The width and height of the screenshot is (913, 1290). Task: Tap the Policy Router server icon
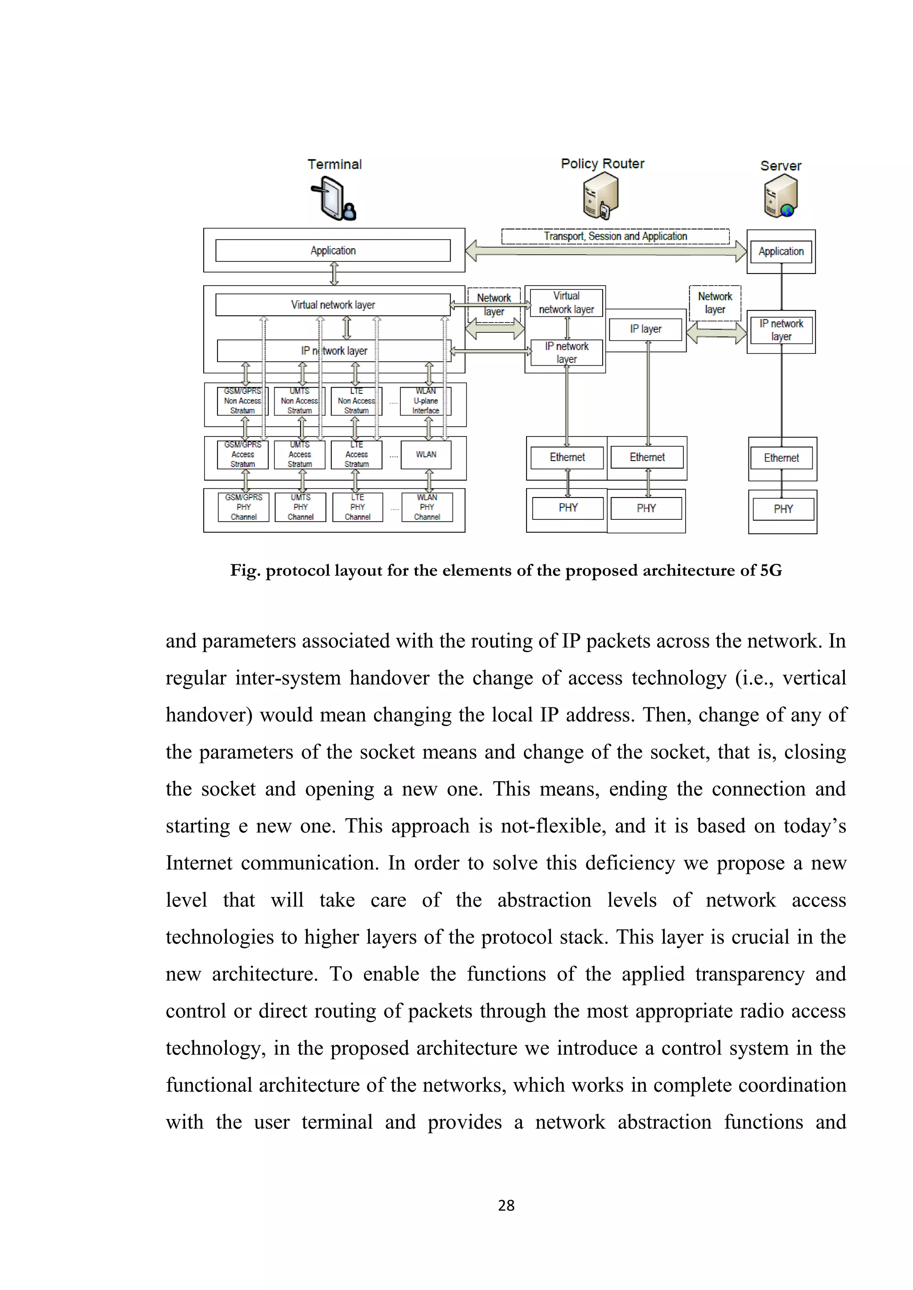coord(600,196)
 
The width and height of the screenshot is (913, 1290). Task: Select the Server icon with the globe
coord(781,196)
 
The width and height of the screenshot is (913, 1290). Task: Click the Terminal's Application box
coord(333,251)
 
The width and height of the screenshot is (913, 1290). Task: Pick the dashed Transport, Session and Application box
coord(615,236)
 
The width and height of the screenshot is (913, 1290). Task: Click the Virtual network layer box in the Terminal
coord(333,305)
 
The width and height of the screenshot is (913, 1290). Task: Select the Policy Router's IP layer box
coord(646,329)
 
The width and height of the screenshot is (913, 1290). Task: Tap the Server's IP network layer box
coord(781,331)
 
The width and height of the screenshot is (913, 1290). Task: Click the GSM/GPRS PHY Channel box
coord(243,507)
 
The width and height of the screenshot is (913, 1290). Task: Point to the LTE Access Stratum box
coord(357,454)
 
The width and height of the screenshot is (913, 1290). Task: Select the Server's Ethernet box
coord(781,458)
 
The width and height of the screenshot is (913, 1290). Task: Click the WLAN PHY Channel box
coord(427,507)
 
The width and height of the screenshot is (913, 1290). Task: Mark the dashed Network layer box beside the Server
coord(715,303)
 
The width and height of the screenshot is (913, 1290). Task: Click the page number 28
coord(506,1205)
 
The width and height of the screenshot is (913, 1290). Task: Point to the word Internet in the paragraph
coord(198,863)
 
